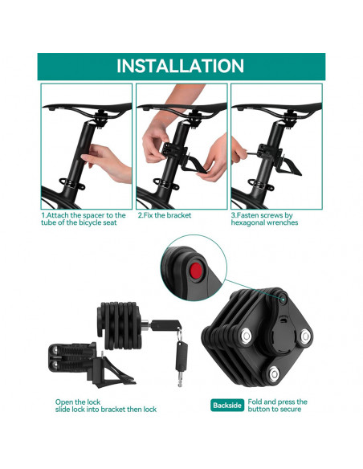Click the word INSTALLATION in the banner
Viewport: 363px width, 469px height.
pyautogui.click(x=181, y=66)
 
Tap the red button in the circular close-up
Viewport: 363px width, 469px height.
pyautogui.click(x=197, y=271)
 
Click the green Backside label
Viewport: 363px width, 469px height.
pyautogui.click(x=227, y=406)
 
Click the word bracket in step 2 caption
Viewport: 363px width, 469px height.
pyautogui.click(x=179, y=215)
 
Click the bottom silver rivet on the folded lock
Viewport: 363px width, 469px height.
pyautogui.click(x=274, y=373)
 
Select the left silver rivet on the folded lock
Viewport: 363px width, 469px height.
pyautogui.click(x=246, y=336)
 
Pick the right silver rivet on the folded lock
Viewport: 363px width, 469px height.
pyautogui.click(x=305, y=336)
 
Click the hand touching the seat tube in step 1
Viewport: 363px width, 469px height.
pyautogui.click(x=108, y=161)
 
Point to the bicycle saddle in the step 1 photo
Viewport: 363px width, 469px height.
pyautogui.click(x=87, y=109)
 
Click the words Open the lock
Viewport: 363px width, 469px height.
pyautogui.click(x=77, y=402)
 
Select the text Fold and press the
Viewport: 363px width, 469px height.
pyautogui.click(x=278, y=402)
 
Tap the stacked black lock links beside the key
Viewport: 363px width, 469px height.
pyautogui.click(x=120, y=325)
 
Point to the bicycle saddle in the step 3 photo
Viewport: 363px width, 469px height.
pyautogui.click(x=276, y=109)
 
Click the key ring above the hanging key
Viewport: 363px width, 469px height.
pyautogui.click(x=179, y=334)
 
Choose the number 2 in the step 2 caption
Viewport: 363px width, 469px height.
pyautogui.click(x=140, y=215)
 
